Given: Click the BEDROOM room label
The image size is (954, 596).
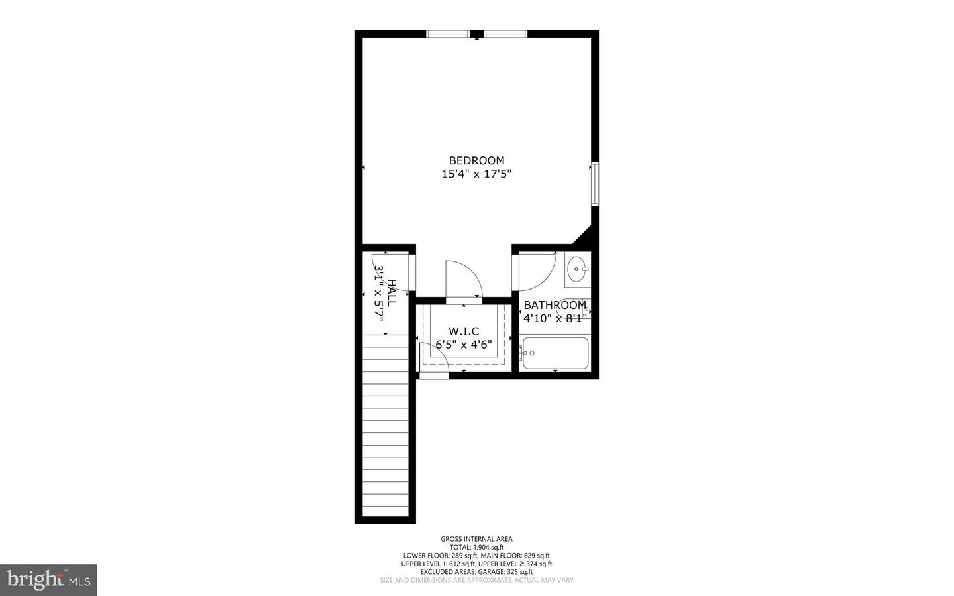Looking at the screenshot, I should click(x=476, y=160).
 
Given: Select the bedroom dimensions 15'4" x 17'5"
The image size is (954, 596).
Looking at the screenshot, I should click(x=476, y=174).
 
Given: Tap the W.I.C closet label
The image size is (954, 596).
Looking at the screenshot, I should click(x=463, y=331).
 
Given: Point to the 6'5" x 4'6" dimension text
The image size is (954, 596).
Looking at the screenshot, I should click(x=463, y=345).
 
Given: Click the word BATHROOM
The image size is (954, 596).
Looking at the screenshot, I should click(x=555, y=305).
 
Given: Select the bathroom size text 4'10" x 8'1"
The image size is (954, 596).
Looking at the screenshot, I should click(x=555, y=318).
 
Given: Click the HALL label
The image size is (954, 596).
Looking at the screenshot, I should click(x=392, y=292).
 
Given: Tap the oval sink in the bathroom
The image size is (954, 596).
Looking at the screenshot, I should click(x=577, y=269).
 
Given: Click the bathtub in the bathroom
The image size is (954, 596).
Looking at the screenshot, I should click(x=555, y=353).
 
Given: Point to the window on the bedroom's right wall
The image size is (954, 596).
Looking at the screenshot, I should click(x=595, y=183).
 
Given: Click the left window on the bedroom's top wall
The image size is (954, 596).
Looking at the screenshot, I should click(x=447, y=34).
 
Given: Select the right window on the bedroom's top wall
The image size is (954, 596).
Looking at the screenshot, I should click(x=505, y=34).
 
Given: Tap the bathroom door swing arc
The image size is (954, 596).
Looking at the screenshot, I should click(x=538, y=272).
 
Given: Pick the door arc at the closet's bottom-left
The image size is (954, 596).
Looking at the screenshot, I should click(x=435, y=359).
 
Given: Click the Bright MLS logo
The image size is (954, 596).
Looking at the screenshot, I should click(x=48, y=580).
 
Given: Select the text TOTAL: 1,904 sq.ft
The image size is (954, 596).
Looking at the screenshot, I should click(x=476, y=547).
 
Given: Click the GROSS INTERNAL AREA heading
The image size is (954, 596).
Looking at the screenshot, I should click(x=476, y=539).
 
